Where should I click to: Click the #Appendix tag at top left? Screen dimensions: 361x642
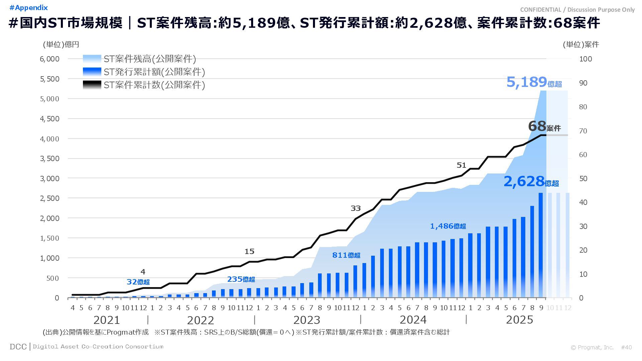click(29, 8)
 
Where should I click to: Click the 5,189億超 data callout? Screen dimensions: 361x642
click(534, 82)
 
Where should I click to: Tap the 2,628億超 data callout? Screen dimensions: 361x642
click(531, 182)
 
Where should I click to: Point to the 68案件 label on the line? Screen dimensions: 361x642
click(544, 127)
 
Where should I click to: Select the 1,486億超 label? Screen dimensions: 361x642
click(448, 226)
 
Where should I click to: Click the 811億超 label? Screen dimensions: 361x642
click(346, 255)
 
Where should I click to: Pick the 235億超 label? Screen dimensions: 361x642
click(241, 279)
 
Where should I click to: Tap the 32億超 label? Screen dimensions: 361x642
click(138, 282)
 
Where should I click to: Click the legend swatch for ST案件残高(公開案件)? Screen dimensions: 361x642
click(92, 59)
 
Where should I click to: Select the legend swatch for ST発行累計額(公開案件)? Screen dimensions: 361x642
click(92, 72)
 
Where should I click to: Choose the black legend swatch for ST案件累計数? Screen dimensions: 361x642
click(92, 85)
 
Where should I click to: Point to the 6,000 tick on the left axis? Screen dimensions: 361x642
click(49, 59)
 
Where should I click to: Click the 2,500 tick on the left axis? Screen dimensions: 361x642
click(49, 198)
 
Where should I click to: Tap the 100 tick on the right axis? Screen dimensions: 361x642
click(585, 59)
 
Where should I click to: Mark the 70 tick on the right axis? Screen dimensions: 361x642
click(583, 131)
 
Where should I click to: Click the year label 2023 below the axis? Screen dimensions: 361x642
click(307, 320)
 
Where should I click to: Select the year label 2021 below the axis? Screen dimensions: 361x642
click(107, 320)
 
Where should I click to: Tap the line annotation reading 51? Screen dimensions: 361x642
click(461, 165)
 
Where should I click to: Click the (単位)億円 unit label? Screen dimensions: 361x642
click(61, 44)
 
